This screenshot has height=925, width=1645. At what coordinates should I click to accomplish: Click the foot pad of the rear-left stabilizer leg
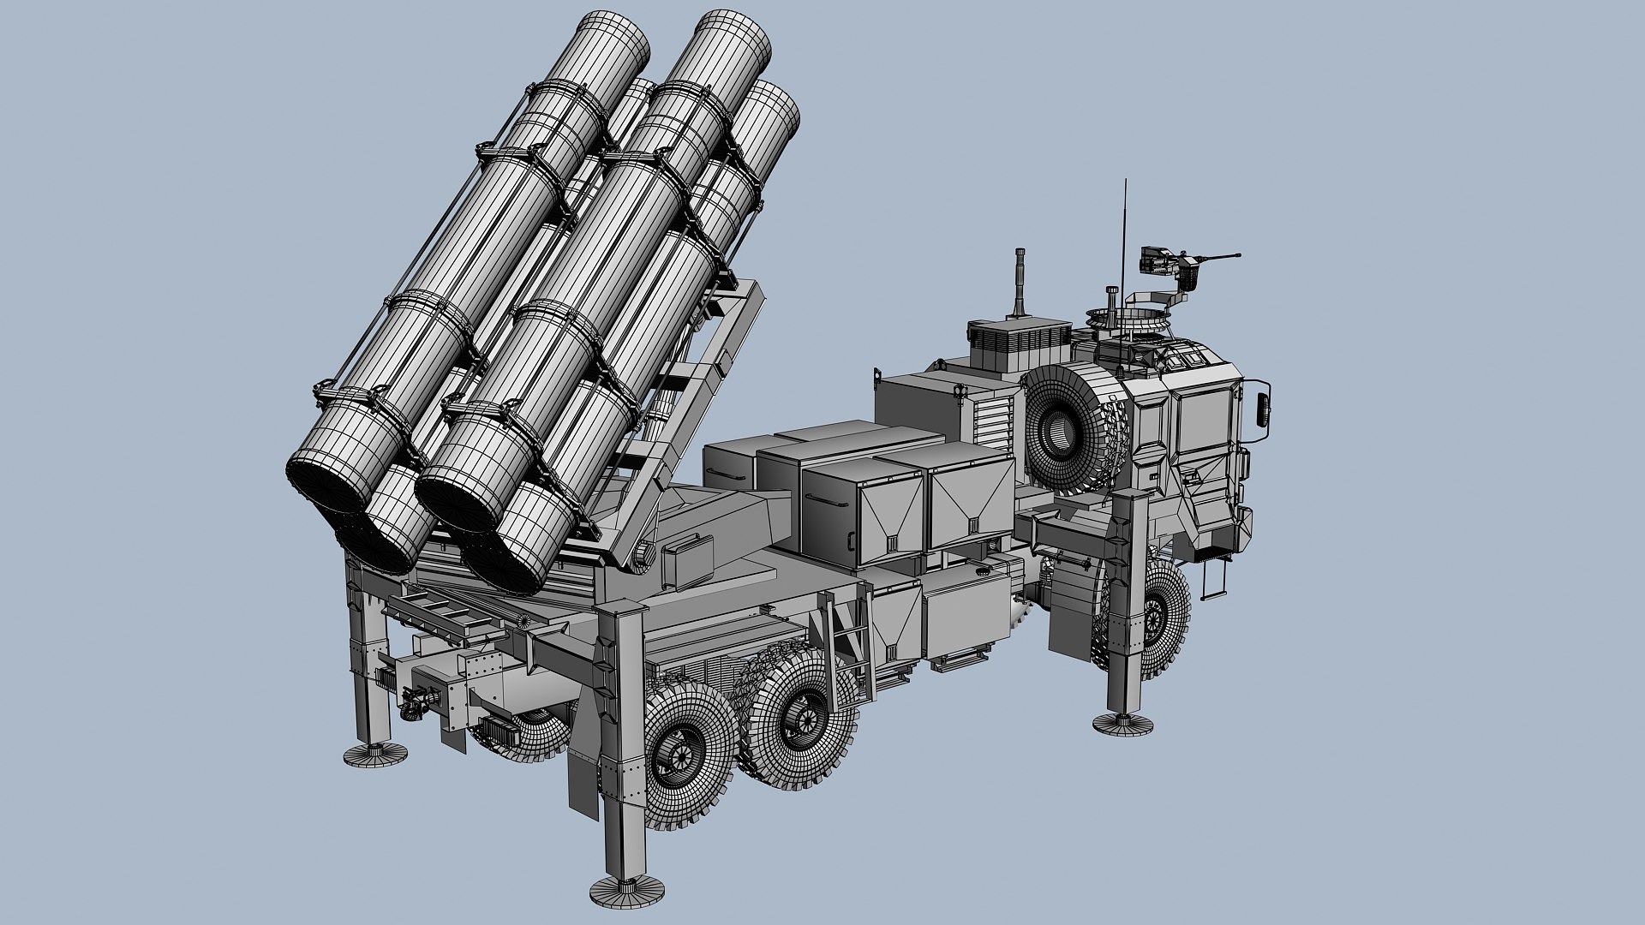[375, 754]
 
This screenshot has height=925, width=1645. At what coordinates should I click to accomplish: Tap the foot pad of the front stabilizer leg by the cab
[1122, 722]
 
